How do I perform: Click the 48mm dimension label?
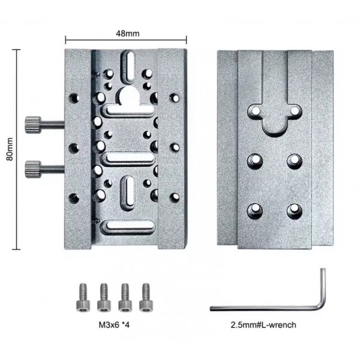click(127, 34)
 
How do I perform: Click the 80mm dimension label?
click(10, 149)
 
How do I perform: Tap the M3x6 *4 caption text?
click(114, 325)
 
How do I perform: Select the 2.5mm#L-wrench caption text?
click(263, 325)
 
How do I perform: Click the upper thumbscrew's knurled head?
click(33, 125)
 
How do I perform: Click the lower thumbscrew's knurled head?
click(33, 169)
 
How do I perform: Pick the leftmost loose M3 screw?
click(83, 298)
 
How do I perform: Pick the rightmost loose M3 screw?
click(146, 298)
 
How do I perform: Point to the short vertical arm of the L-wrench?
click(323, 287)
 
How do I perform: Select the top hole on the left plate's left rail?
click(74, 98)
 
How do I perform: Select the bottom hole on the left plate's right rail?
click(175, 197)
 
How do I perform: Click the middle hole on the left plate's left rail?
click(74, 148)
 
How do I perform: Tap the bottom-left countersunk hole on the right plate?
click(255, 211)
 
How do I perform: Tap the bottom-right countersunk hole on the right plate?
click(295, 211)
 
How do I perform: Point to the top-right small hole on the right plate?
click(295, 112)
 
